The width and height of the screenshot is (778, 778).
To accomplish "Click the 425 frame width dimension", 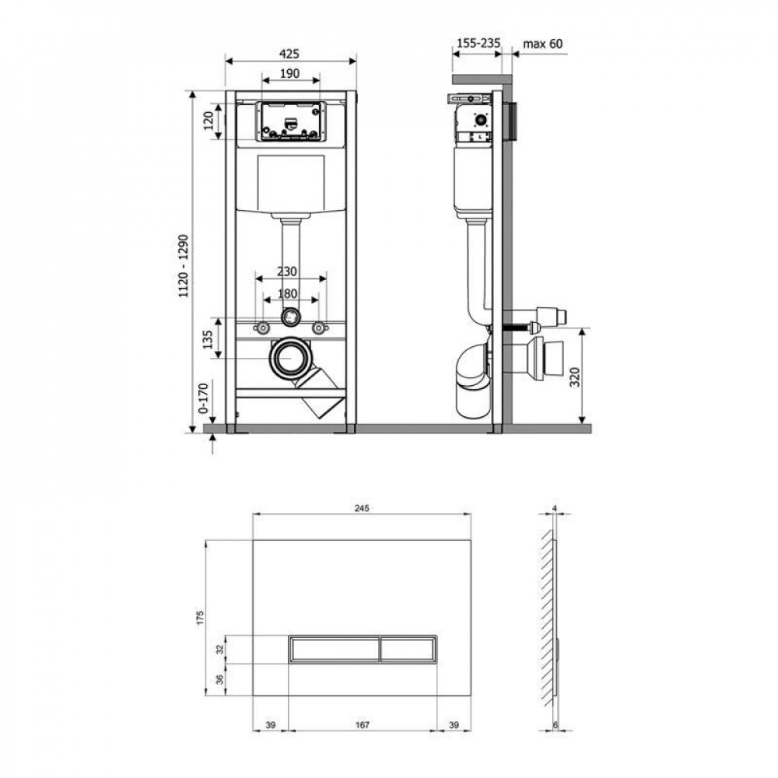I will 289,54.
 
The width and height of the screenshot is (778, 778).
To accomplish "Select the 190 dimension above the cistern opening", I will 289,73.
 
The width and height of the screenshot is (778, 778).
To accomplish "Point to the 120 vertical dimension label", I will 209,121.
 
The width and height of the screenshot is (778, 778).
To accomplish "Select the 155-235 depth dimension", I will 475,44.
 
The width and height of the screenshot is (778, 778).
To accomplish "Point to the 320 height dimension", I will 596,376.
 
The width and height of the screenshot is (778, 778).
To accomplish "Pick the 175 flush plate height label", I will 200,618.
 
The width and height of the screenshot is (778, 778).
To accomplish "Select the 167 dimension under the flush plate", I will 362,725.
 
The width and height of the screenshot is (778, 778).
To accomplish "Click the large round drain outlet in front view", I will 289,358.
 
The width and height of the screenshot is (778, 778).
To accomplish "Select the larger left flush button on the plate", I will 334,648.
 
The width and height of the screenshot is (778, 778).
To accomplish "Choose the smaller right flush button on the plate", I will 408,648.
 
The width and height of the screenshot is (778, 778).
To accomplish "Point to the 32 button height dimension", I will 220,648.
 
